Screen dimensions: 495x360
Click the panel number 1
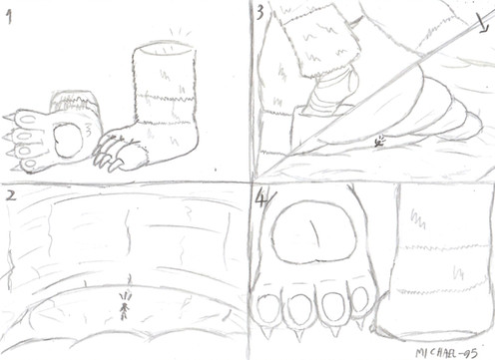pos(10,17)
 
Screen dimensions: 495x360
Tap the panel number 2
pos(11,195)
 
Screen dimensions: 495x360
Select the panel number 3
pos(260,13)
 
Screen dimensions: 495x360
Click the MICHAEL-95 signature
pos(446,353)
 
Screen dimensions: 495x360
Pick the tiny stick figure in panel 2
pos(125,307)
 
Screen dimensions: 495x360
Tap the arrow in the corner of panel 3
pos(482,23)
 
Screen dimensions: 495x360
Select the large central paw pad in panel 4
pos(313,231)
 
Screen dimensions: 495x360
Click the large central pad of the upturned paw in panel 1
pos(68,140)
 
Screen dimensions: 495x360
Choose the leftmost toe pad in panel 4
pos(269,308)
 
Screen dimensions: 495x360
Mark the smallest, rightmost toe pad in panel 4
pos(359,299)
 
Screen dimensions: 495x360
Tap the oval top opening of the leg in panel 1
pos(163,49)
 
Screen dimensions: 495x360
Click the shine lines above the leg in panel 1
pos(181,33)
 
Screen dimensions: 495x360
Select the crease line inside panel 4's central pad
pos(314,231)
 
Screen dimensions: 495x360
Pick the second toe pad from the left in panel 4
pos(300,308)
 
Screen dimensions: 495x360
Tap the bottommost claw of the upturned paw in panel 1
pos(13,169)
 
